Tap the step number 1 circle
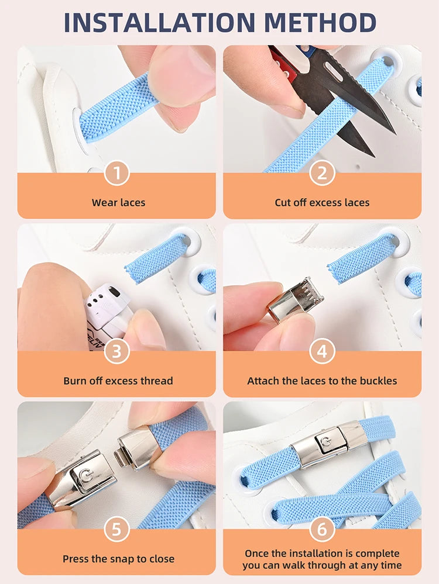tap(116, 174)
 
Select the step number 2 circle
tap(322, 174)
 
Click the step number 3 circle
tap(116, 352)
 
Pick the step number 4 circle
tap(322, 352)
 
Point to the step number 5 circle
tap(116, 530)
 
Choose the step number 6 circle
tap(322, 530)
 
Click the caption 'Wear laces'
tap(118, 203)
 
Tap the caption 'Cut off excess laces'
tap(322, 203)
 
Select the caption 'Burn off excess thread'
tap(118, 381)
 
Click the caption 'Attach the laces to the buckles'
tap(322, 381)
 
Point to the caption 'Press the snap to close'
tap(118, 559)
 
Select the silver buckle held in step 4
tap(296, 299)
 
